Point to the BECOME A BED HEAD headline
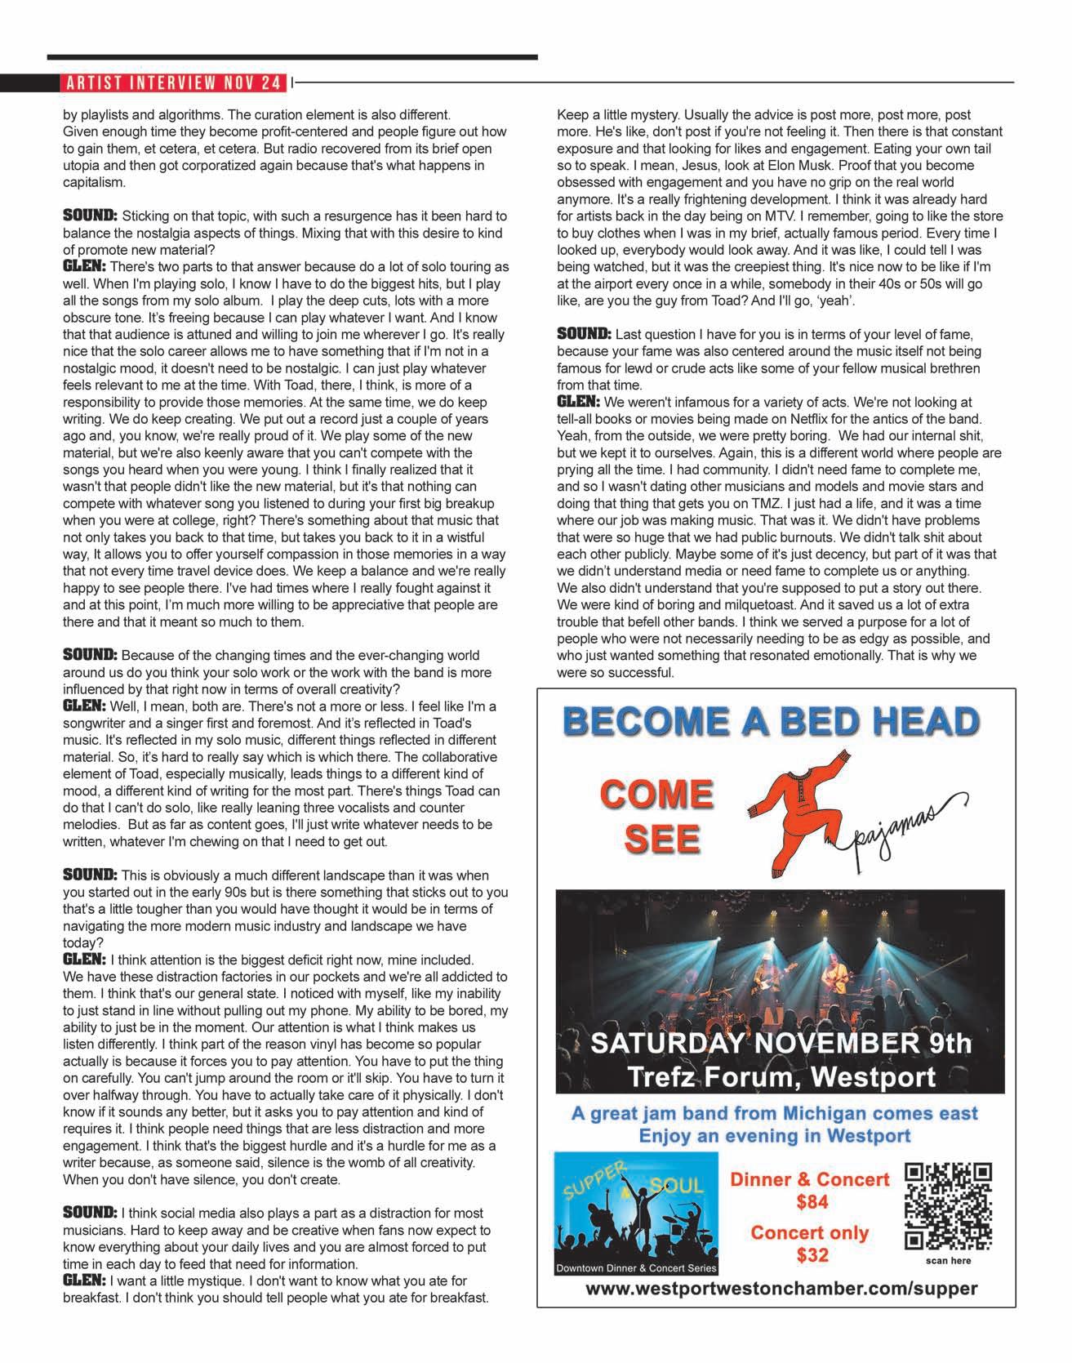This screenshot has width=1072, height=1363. pos(772,721)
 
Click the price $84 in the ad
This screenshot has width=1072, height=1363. pos(812,1201)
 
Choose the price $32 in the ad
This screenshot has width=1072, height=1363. pos(812,1255)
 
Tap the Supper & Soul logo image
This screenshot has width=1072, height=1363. pos(636,1212)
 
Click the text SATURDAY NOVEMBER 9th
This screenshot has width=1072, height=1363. pos(781,1043)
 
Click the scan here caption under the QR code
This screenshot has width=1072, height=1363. pos(949,1260)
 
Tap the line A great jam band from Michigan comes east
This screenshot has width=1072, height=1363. pos(774,1114)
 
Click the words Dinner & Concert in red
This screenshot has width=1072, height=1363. pos(809,1179)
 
